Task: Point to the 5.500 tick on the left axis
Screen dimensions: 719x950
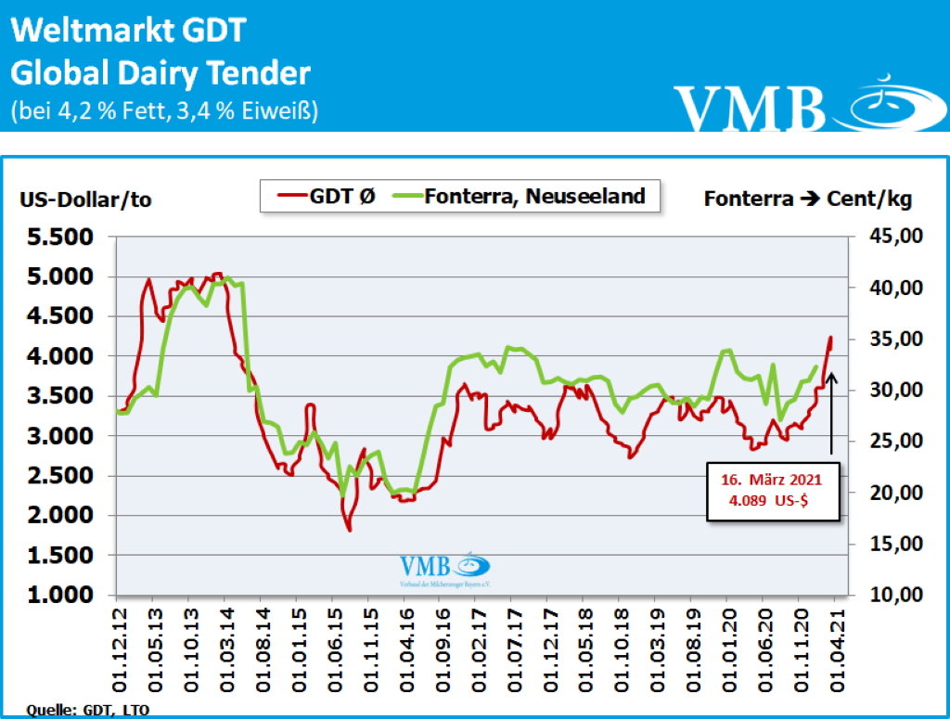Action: pos(58,238)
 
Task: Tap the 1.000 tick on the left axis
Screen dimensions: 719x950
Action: pos(58,595)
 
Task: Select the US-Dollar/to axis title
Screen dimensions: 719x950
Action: pos(85,199)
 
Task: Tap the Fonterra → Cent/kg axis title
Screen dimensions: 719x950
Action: pos(807,199)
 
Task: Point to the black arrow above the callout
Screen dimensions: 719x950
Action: pos(832,413)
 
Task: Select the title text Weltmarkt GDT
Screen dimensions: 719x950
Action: pos(128,31)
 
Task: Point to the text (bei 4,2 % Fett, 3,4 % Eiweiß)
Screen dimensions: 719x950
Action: pos(164,111)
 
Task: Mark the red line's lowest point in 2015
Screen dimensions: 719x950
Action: pos(350,530)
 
